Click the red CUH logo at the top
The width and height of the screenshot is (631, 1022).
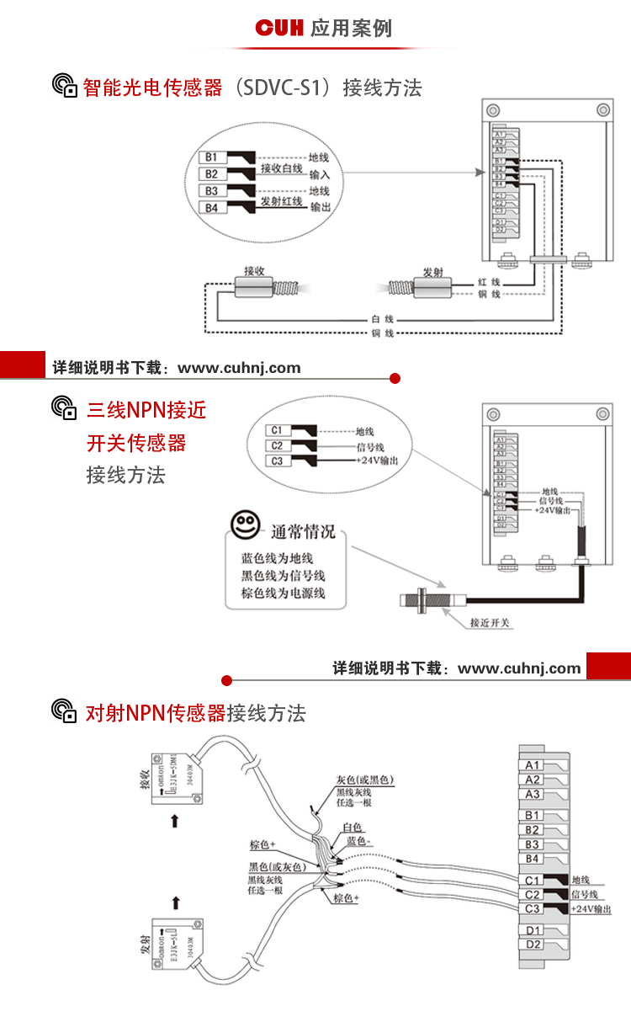point(280,29)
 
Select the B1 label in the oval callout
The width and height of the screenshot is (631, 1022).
point(212,157)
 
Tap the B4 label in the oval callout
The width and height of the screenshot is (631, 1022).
point(212,208)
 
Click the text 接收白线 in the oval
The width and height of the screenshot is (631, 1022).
point(281,168)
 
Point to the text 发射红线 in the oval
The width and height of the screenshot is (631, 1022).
point(281,202)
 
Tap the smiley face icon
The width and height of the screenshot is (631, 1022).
point(245,527)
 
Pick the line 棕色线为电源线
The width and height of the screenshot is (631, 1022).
point(282,594)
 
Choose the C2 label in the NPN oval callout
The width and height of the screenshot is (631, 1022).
point(277,446)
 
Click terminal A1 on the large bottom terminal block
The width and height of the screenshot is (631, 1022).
point(533,765)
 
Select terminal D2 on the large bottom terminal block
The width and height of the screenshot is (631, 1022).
point(533,944)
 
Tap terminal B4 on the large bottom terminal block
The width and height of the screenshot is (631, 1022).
point(533,858)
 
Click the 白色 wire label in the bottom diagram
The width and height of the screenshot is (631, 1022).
point(353,828)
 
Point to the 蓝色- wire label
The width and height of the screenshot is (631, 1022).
point(358,841)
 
